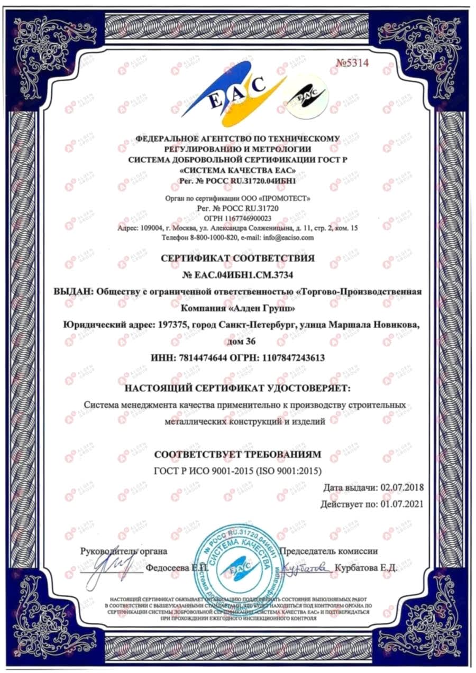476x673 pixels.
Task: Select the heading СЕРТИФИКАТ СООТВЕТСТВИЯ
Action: click(x=237, y=259)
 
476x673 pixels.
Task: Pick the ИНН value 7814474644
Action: click(x=202, y=358)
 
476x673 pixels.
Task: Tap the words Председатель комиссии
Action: click(x=328, y=551)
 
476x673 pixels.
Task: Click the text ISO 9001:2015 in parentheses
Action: click(x=287, y=471)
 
